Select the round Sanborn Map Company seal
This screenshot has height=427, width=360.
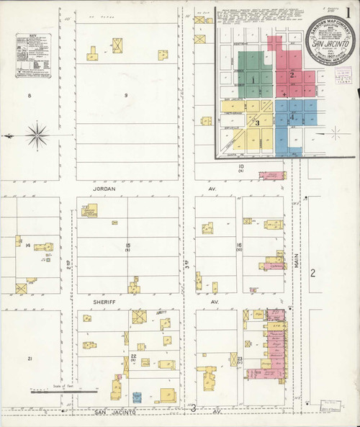(x=329, y=42)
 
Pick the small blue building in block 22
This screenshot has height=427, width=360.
(x=137, y=396)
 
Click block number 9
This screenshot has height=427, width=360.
(x=125, y=95)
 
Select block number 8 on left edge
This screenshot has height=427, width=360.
(x=30, y=95)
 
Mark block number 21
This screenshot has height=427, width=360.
(x=30, y=358)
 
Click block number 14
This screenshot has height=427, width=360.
(x=28, y=246)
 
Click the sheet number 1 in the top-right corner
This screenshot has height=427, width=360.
(x=348, y=13)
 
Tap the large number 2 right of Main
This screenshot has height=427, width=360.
(x=312, y=273)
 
